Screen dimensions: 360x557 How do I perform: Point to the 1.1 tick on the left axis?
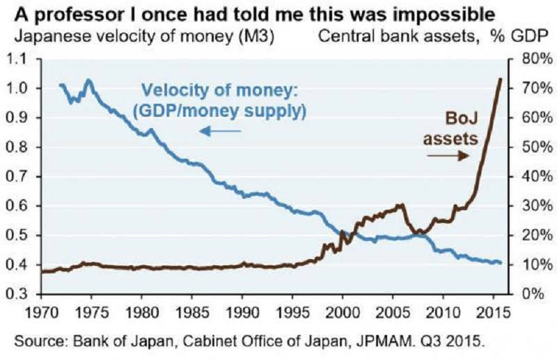tap(24, 59)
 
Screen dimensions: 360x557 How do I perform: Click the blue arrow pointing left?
tap(220, 130)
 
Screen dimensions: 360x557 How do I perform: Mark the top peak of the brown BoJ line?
tap(500, 79)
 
